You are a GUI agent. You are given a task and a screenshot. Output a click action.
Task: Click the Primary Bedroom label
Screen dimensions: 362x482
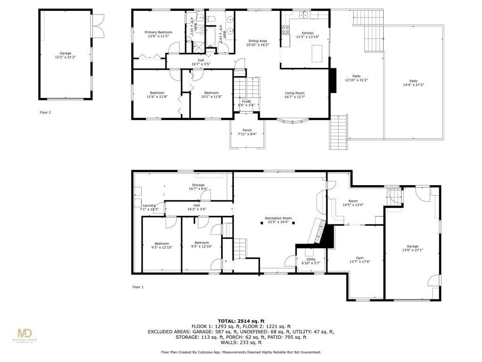coord(158,32)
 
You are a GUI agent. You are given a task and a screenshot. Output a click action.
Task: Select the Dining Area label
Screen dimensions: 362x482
coord(257,41)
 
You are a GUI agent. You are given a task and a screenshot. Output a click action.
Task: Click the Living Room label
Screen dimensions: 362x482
coord(295,93)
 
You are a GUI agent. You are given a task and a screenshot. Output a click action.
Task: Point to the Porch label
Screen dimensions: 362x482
coord(247,130)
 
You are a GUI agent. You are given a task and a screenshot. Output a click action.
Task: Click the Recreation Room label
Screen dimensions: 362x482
coord(278,218)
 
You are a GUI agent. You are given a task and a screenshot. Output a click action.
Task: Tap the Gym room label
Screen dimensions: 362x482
coord(360,258)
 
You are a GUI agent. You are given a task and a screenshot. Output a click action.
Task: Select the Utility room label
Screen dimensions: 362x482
coord(311,259)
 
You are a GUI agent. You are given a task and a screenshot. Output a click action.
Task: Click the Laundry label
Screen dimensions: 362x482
coord(149,206)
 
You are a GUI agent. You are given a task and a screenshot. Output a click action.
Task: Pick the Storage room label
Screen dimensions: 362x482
coord(198,185)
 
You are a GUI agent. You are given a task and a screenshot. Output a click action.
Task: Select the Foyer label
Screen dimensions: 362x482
coord(246,101)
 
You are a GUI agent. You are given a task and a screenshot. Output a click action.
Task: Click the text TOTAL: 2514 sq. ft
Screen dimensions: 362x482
coord(241,321)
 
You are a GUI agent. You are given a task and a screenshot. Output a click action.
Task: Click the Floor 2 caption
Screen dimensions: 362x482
coord(45,113)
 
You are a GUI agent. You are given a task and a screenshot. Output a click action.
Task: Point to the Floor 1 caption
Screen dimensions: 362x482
coord(138,287)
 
